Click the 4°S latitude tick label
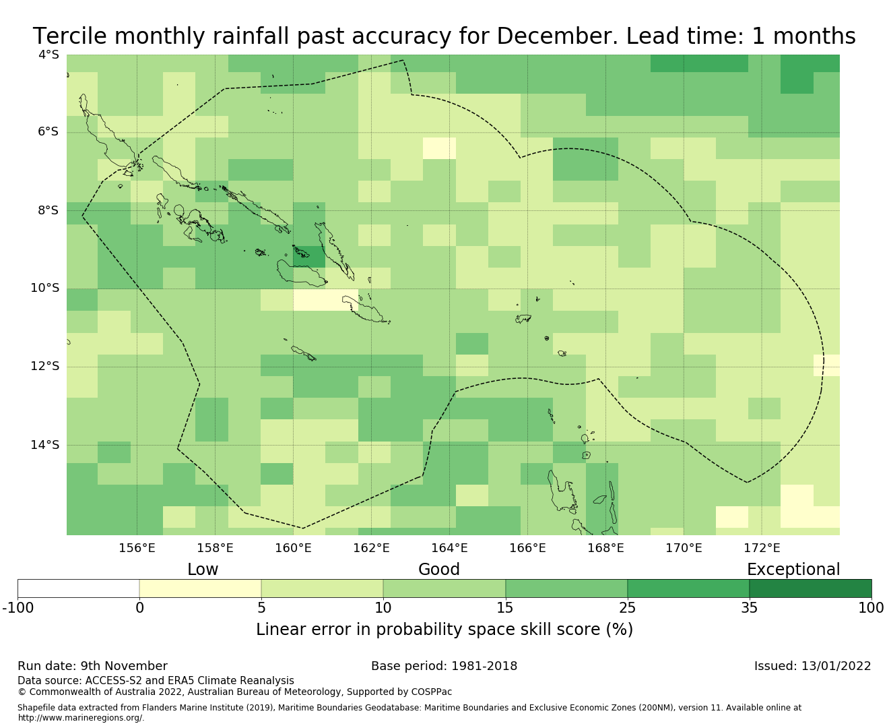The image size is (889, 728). (x=48, y=54)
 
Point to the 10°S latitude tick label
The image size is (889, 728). (x=45, y=288)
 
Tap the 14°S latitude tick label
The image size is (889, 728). (x=45, y=444)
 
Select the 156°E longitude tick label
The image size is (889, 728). (x=137, y=547)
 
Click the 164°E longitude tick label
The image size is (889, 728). (x=449, y=547)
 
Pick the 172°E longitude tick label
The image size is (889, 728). (x=762, y=547)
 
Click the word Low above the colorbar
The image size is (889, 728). (x=203, y=570)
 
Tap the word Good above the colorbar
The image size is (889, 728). (x=439, y=570)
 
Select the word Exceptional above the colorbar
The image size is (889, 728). (x=793, y=570)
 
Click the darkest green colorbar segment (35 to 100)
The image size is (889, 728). (x=810, y=588)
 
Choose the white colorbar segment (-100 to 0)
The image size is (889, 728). (x=78, y=588)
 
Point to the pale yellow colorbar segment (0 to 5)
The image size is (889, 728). (x=200, y=588)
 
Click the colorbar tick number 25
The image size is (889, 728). (x=627, y=608)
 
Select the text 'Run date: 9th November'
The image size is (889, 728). (x=92, y=666)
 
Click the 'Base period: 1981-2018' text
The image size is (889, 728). (x=444, y=666)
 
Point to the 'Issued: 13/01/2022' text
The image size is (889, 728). (x=812, y=666)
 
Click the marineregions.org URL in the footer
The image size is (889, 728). (x=81, y=717)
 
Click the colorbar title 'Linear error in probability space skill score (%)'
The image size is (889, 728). (x=444, y=630)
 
